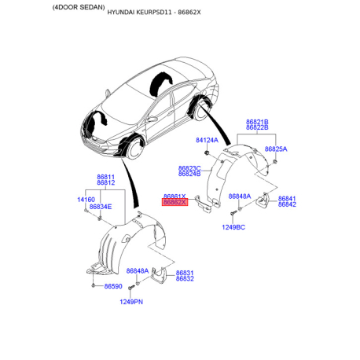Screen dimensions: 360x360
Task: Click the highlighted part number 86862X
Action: coord(174,202)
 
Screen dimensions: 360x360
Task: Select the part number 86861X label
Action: coord(174,197)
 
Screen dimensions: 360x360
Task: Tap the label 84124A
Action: coord(207,140)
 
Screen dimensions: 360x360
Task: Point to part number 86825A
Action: coord(276,149)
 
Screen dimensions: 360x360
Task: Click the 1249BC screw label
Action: coord(233,227)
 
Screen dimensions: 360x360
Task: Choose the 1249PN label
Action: coord(131,302)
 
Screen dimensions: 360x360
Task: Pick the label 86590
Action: coord(113,286)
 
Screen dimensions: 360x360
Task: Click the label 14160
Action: coord(86,200)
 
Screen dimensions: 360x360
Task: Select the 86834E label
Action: coord(101,207)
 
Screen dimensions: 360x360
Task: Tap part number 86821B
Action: coord(257,122)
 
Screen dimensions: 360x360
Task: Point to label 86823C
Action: coord(189,168)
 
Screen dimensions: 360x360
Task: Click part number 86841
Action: coord(287,199)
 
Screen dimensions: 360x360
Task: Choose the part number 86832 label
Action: coord(185,278)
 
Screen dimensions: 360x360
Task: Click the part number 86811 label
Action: coord(106,177)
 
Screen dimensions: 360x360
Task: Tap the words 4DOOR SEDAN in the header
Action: coord(79,7)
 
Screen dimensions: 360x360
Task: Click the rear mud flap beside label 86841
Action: coord(263,200)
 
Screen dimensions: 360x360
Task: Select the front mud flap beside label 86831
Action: coord(159,276)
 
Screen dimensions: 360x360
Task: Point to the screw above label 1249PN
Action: coord(130,288)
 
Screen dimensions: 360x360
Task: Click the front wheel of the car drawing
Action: coord(136,149)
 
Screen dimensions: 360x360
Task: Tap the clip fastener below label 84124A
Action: coord(207,152)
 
